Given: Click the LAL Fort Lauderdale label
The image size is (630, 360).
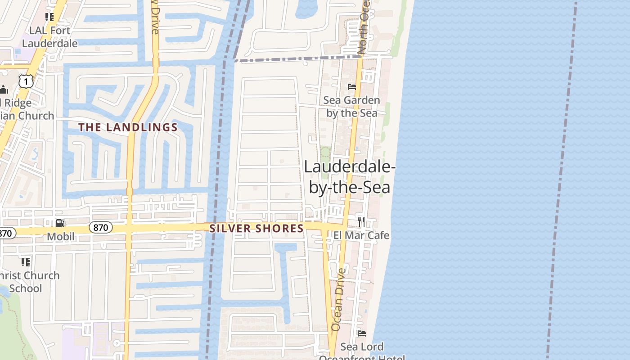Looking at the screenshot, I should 49,37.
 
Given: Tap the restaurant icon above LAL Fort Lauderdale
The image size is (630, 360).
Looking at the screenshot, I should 49,17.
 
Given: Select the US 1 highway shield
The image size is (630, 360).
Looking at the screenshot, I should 27,81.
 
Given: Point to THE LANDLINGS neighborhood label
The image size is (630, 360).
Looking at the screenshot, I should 128,127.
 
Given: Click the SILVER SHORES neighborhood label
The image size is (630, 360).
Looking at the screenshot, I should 256,229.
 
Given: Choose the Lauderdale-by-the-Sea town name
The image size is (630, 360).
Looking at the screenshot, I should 350,176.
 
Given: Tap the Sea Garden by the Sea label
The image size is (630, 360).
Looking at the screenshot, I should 352,107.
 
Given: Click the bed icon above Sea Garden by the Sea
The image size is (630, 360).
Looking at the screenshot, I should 352,86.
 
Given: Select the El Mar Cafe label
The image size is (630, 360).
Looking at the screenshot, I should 361,235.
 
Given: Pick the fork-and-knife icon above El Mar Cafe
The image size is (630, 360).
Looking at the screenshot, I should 361,221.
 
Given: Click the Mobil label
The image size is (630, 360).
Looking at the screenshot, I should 61,236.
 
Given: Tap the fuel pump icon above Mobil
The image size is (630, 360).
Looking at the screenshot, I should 60,223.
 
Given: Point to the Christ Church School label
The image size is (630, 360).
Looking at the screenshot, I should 29,282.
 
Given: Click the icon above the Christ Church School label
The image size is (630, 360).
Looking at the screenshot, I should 26,262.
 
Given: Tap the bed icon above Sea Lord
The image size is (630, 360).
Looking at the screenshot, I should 361,333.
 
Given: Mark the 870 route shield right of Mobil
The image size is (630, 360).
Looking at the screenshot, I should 101,228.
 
